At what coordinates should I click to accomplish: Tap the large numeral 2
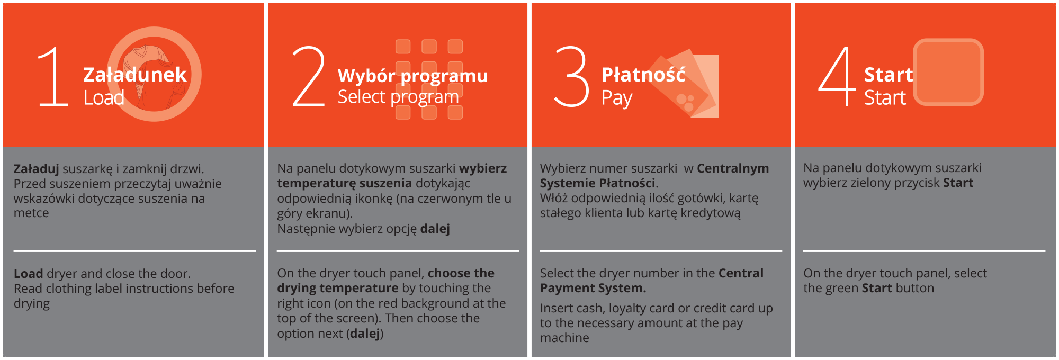(x=309, y=76)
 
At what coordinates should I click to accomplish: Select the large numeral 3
(x=571, y=76)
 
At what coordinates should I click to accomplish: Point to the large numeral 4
(x=837, y=76)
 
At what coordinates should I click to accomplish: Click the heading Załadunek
(x=135, y=74)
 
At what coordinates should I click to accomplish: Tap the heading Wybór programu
(x=413, y=76)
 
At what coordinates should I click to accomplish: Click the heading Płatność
(x=643, y=74)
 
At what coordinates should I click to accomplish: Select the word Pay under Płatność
(x=617, y=98)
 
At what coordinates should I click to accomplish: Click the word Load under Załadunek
(x=104, y=97)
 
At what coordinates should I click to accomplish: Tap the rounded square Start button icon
(x=948, y=72)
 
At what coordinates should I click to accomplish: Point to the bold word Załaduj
(x=37, y=169)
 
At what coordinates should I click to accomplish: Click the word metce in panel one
(x=31, y=213)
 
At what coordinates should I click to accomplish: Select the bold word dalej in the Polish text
(x=435, y=229)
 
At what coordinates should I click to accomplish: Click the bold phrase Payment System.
(x=593, y=288)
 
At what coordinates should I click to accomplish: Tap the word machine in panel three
(x=564, y=338)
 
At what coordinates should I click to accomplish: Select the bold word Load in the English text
(x=29, y=274)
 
